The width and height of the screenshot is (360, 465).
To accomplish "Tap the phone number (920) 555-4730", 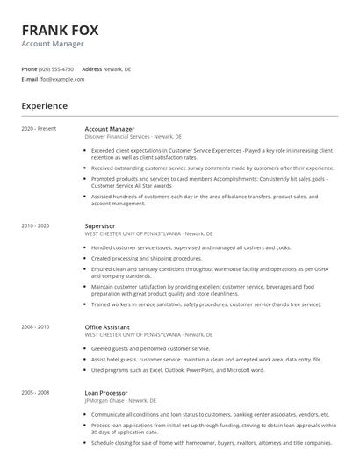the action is click(57, 68).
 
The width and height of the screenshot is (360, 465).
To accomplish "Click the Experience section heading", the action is click(45, 106).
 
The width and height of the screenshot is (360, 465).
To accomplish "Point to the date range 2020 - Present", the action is click(39, 129).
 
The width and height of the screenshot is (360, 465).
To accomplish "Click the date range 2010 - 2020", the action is click(35, 226).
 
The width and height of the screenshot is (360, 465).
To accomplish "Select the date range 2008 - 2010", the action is click(35, 327).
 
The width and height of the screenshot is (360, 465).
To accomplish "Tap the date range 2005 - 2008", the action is click(35, 393).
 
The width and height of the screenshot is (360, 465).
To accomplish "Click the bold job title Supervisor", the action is click(99, 226).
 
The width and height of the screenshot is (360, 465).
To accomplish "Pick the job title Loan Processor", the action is click(106, 393).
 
